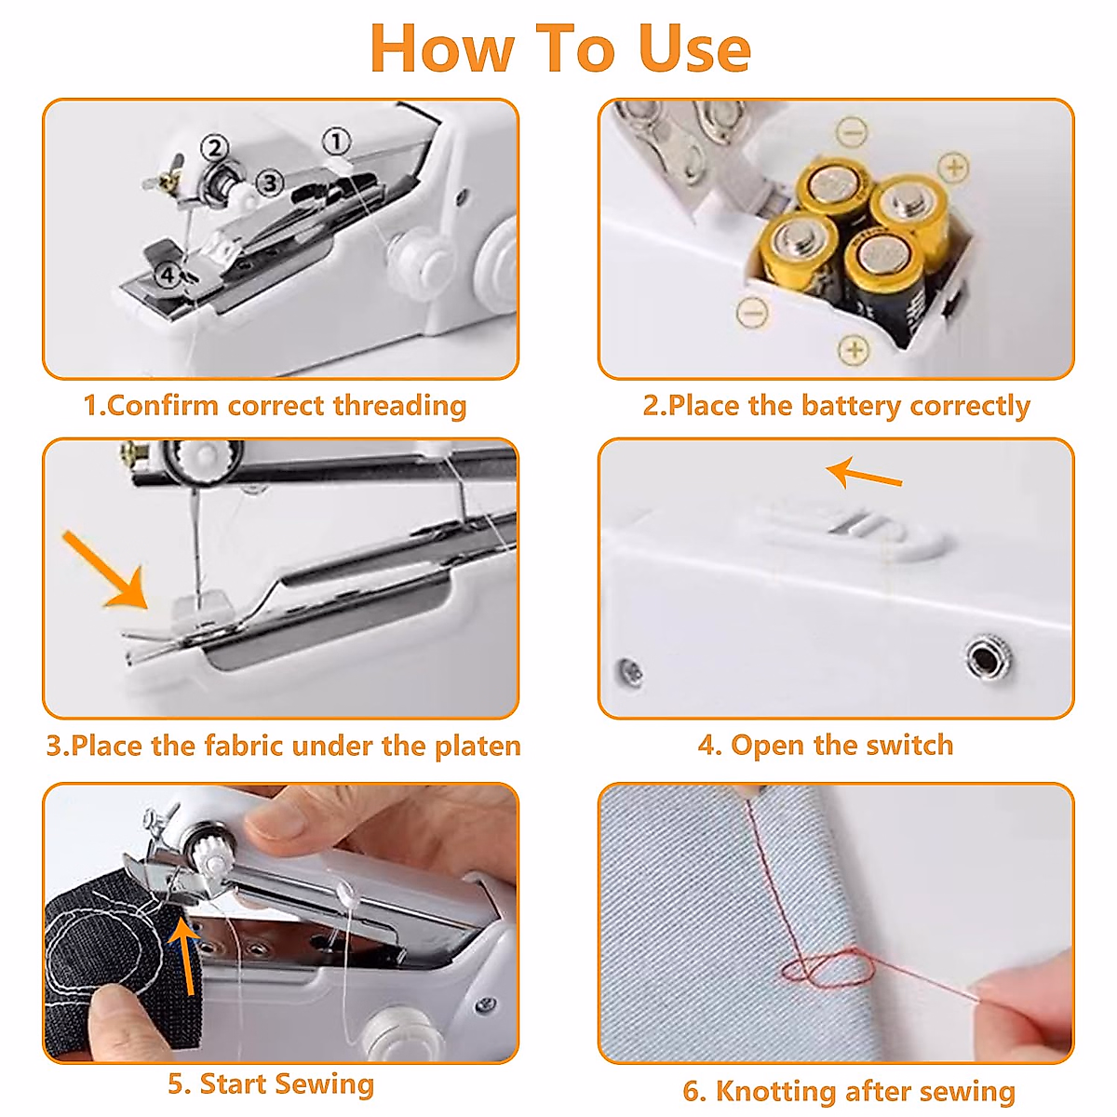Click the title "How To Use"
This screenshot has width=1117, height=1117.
click(x=559, y=48)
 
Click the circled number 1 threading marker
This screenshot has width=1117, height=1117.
click(x=336, y=141)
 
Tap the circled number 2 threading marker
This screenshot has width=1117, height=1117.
click(x=215, y=148)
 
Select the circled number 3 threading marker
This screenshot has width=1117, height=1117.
click(x=269, y=182)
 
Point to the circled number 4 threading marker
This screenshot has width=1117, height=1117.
click(x=168, y=275)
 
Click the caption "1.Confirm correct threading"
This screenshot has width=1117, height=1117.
click(x=276, y=406)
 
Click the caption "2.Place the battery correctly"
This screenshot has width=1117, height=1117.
click(x=836, y=406)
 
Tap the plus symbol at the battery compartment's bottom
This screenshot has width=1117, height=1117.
click(x=854, y=350)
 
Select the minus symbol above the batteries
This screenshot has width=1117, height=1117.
click(x=851, y=131)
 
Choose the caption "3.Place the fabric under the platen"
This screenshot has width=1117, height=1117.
click(x=283, y=746)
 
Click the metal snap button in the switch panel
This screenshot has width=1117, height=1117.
click(x=983, y=658)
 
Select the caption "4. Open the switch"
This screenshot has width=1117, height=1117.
click(x=826, y=745)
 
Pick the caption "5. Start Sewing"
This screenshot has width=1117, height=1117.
click(x=271, y=1083)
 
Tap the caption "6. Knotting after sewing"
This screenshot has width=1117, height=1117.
click(x=849, y=1091)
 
